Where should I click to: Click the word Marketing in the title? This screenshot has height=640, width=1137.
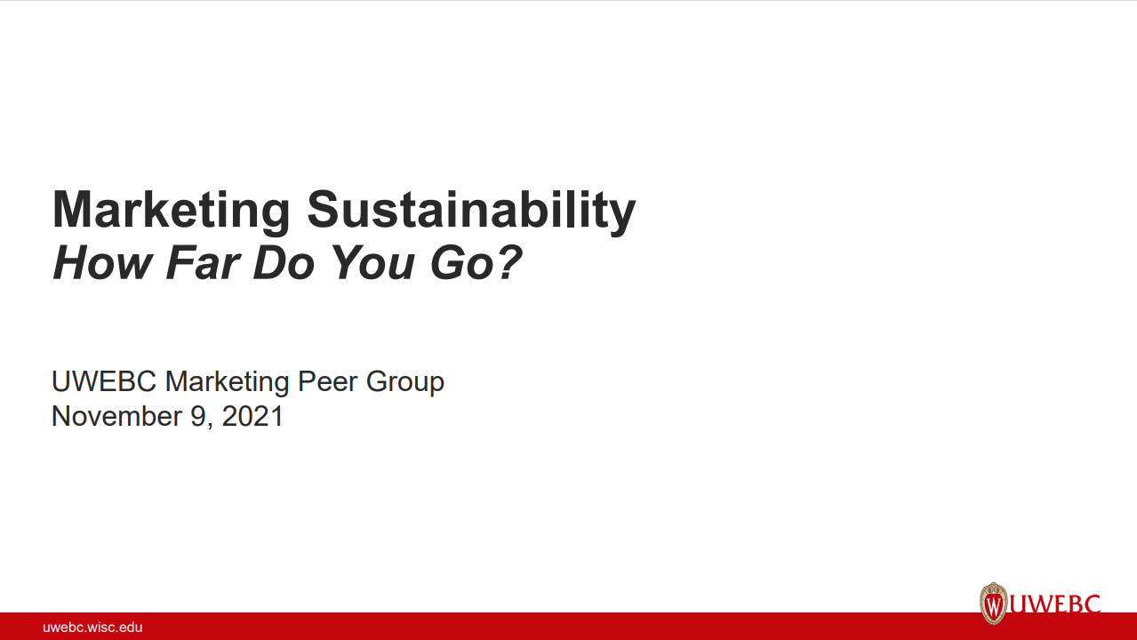tap(172, 211)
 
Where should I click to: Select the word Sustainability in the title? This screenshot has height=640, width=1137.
tap(471, 211)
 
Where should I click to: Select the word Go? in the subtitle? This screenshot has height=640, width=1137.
tap(476, 262)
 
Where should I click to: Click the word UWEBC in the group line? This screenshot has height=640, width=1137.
tap(104, 381)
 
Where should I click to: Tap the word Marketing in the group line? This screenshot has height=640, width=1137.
tap(228, 381)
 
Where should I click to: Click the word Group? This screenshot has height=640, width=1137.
tap(404, 383)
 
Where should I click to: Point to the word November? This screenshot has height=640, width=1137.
tap(117, 416)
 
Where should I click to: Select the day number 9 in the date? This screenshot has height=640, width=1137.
tap(198, 416)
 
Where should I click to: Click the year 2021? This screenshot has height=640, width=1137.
tap(252, 416)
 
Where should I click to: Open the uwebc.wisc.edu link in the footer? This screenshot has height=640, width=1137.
tap(92, 627)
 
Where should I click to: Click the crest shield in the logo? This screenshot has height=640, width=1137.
tap(994, 604)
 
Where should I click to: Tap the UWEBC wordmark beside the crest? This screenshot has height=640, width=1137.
tap(1055, 604)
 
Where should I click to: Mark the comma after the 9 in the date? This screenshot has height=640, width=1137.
tap(210, 424)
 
